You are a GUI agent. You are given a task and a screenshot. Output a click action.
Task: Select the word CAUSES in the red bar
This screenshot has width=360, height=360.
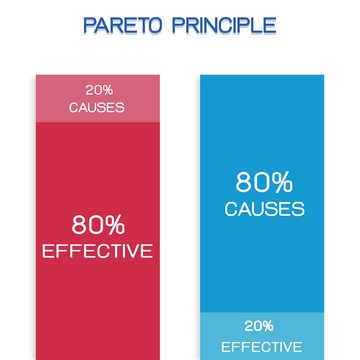click(x=97, y=106)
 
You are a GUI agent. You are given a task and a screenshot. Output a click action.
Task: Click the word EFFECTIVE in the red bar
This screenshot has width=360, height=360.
click(x=97, y=251)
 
